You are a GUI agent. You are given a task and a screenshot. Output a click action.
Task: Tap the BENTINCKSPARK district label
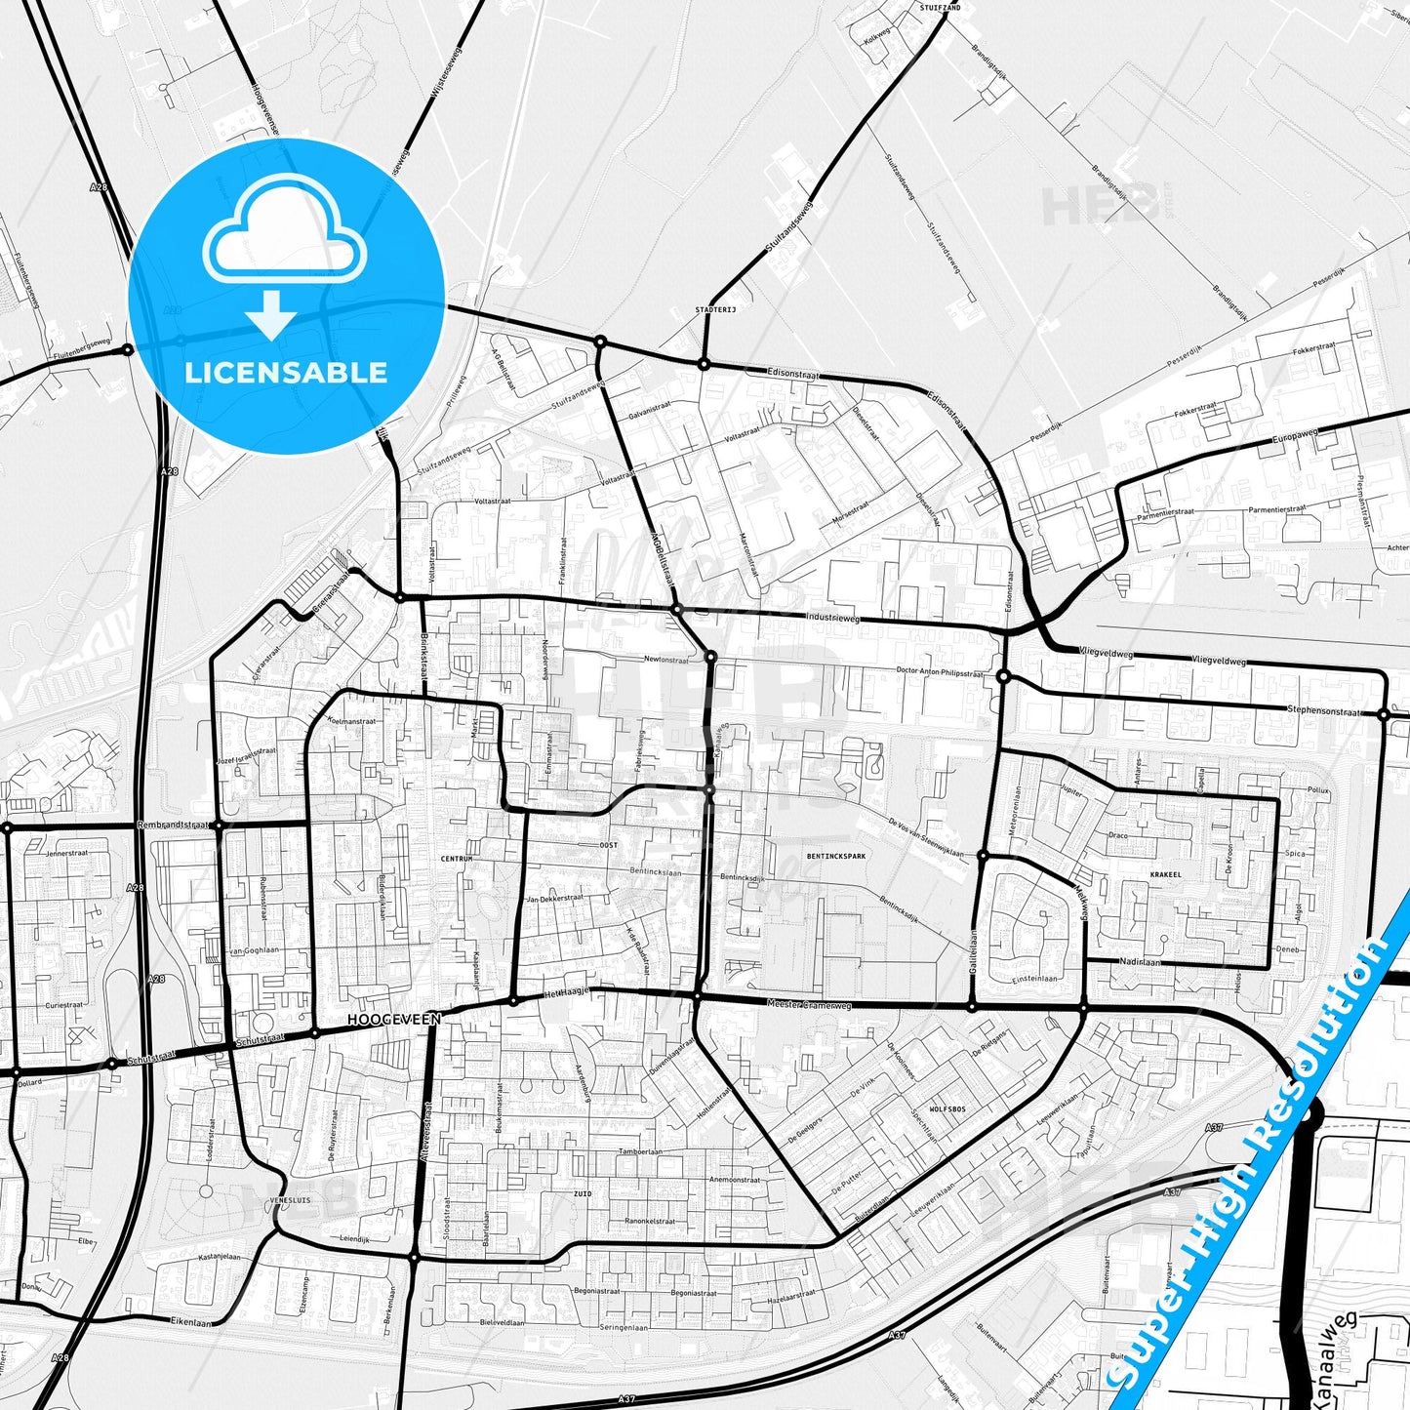(836, 857)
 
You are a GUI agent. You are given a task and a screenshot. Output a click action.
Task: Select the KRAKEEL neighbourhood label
(1165, 874)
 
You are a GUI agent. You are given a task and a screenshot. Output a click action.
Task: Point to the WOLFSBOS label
(947, 1109)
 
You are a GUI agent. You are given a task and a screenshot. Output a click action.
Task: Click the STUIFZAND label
(940, 8)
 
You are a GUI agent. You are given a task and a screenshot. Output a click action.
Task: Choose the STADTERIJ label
(715, 309)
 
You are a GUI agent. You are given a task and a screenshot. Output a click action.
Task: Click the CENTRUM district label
(457, 859)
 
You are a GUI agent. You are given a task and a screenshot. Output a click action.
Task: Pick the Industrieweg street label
(833, 618)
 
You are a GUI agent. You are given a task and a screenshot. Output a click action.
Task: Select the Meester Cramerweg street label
(809, 1004)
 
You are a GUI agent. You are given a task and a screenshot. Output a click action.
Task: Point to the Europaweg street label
(1295, 437)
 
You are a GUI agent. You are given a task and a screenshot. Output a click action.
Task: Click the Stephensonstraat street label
(1323, 710)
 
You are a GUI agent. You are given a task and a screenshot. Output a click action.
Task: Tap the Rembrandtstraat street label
(174, 825)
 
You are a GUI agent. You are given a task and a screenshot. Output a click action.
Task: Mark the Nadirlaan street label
(1140, 962)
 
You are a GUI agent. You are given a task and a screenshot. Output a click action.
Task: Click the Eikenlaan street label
(190, 1322)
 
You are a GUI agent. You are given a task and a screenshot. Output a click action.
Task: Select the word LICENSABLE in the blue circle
(286, 372)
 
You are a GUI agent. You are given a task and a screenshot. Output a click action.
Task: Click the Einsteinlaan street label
(1034, 979)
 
